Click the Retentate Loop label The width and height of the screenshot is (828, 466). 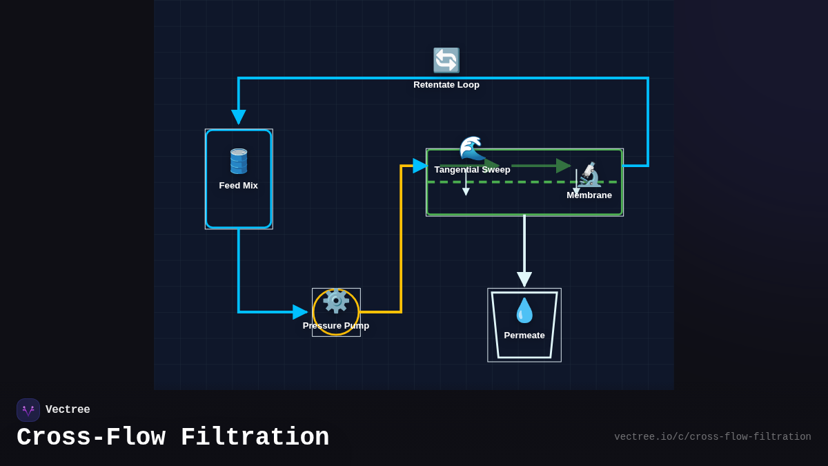coord(446,85)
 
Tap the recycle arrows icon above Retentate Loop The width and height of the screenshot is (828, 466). coord(446,61)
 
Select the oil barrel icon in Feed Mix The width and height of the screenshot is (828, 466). coord(239,161)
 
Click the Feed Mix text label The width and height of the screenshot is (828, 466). coord(239,186)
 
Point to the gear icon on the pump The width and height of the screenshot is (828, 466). coord(336,302)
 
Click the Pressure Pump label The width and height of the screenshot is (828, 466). coord(336,326)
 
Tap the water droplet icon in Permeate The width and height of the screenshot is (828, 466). coord(524,311)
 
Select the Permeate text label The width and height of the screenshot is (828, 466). coord(524,336)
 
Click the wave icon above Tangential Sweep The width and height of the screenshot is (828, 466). coord(472,148)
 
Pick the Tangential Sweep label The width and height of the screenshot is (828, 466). coord(472,170)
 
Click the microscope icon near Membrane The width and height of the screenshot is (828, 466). coord(589,175)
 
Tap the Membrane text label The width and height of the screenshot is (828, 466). coord(589,195)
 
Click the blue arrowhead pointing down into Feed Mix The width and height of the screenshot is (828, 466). coord(239,117)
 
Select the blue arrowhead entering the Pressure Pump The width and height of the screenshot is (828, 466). coord(300,312)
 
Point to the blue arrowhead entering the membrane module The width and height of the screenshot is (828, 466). coord(420,166)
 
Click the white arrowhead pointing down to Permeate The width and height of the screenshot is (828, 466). coord(524,279)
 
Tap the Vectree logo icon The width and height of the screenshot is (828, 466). coord(28,410)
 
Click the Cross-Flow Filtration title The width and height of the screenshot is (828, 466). coord(172,438)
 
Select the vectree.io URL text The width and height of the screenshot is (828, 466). coord(712,437)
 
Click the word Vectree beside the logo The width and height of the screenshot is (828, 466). coord(68,410)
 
